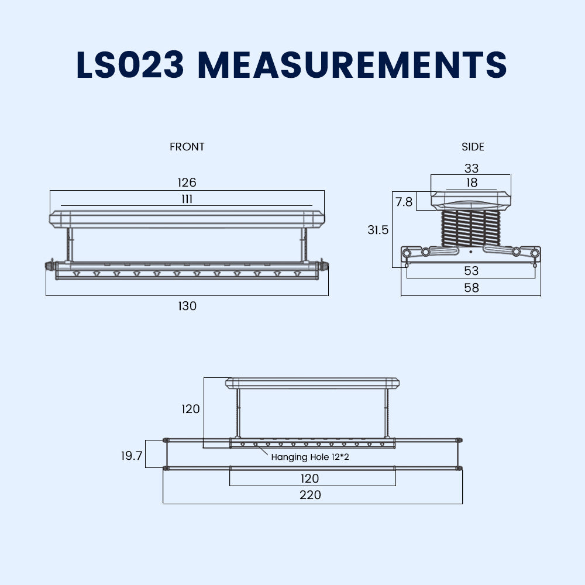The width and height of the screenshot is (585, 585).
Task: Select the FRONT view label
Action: click(x=187, y=147)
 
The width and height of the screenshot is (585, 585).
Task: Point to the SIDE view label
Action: click(x=473, y=147)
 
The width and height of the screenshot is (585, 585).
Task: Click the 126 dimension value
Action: click(x=187, y=183)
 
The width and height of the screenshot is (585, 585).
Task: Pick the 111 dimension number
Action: click(x=187, y=199)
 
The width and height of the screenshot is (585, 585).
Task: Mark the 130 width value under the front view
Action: click(x=187, y=305)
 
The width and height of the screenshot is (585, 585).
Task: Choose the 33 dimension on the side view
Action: click(x=471, y=168)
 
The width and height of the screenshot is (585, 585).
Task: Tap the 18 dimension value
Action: click(x=472, y=183)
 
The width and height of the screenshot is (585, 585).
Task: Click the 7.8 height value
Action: click(x=404, y=202)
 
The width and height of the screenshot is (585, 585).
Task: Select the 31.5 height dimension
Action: click(x=378, y=230)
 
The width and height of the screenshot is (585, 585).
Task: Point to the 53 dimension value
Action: click(x=471, y=270)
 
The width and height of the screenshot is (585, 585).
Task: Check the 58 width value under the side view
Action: click(x=471, y=288)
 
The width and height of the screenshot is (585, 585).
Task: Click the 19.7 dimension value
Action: click(x=132, y=456)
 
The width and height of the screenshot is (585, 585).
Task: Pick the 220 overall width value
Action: click(x=310, y=495)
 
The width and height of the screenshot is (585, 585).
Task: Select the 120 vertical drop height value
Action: click(x=191, y=409)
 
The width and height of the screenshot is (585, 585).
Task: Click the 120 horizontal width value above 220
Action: click(x=310, y=479)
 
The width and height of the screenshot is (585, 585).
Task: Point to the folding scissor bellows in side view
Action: click(x=472, y=228)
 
